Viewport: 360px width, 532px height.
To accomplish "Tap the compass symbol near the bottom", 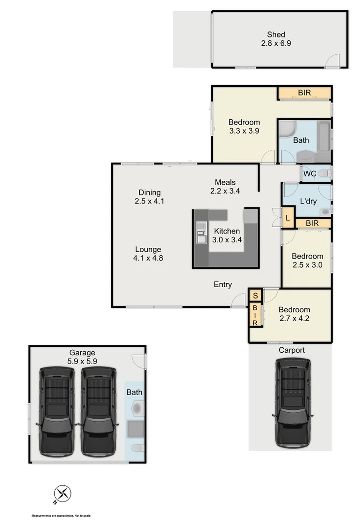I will pos(63,494).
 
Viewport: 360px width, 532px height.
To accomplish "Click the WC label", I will pos(310,173).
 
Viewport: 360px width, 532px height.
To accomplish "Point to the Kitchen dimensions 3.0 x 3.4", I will pos(227,240).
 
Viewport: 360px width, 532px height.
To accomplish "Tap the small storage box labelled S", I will pos(255,296).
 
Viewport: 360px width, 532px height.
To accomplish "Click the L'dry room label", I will pos(308,201).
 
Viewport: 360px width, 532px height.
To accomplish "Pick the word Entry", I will pos(223,285).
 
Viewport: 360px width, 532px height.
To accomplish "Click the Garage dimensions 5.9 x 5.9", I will pos(82,361).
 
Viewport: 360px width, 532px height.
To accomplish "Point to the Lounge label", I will pos(148,249).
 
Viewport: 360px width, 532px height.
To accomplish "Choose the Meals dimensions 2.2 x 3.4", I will pos(225,191).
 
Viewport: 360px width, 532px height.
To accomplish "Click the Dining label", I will pos(149,193).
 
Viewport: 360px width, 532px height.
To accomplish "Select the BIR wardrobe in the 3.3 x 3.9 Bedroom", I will pos(304,93).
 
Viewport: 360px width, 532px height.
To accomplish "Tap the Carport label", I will pos(292,350).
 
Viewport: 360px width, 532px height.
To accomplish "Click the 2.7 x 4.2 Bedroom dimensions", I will pos(294,318).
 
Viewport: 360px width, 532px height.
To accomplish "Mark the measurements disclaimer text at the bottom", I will pos(62,516).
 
